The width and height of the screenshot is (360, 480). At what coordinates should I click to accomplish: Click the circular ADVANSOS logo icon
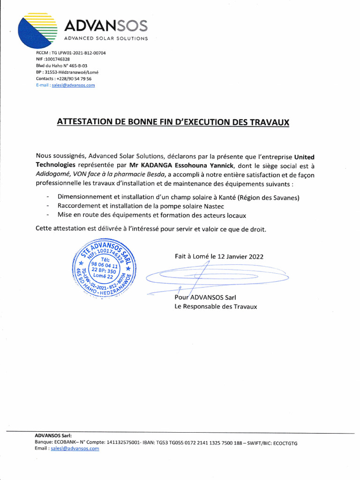click(x=37, y=30)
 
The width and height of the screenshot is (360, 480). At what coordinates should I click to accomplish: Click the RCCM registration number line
click(x=70, y=53)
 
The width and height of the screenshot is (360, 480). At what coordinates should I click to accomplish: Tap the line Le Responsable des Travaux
click(x=216, y=307)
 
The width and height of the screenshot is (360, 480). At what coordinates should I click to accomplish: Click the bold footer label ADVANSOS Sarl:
click(x=53, y=436)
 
